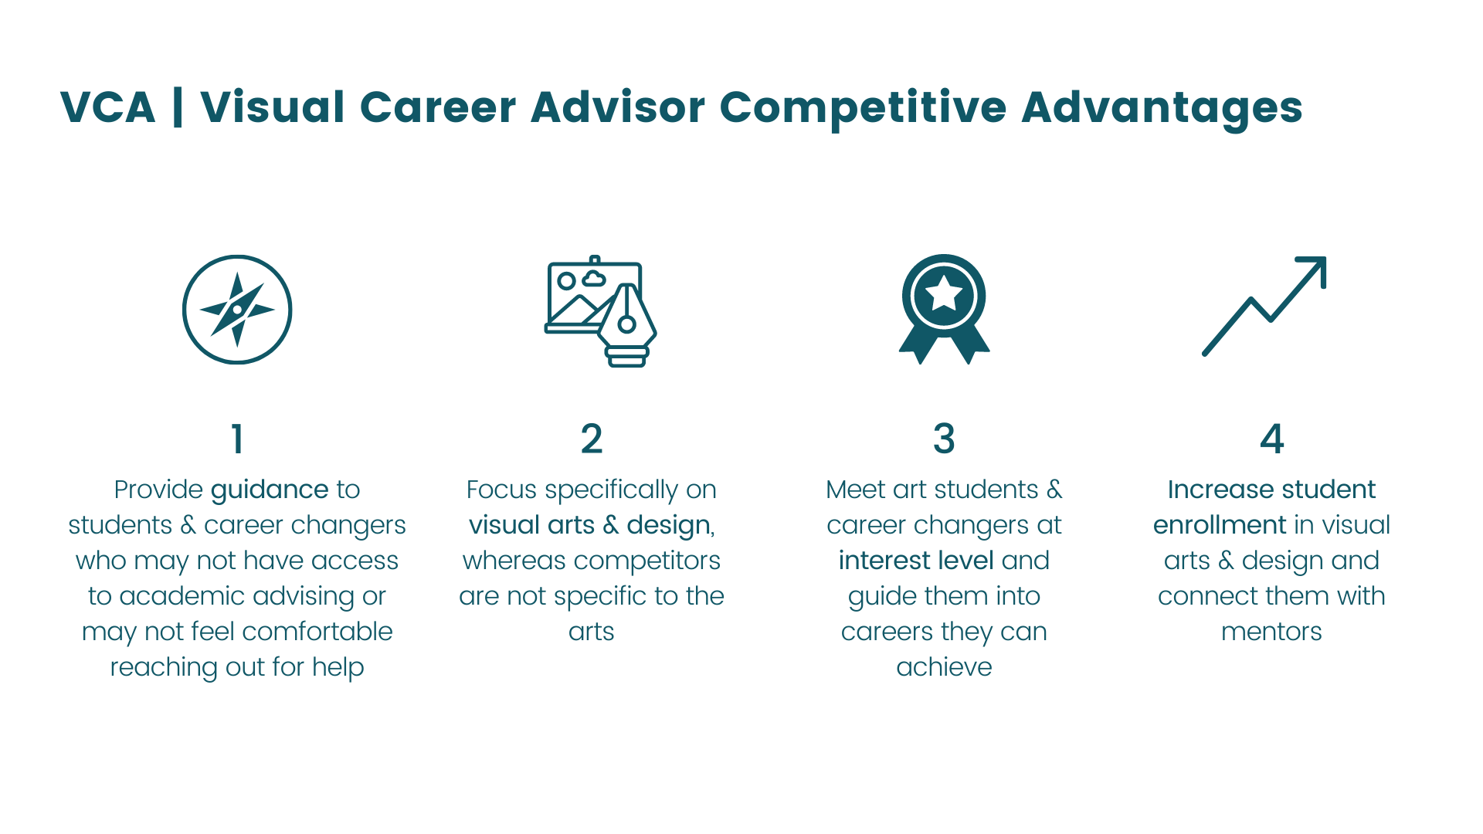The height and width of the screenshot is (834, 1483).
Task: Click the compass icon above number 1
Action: (x=237, y=310)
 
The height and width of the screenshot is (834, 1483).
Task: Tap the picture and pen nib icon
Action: (x=600, y=310)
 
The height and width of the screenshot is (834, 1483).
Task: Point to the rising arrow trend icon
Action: (x=1264, y=307)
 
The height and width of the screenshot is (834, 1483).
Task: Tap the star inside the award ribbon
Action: (x=944, y=294)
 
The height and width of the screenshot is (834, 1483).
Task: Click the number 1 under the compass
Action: (x=237, y=439)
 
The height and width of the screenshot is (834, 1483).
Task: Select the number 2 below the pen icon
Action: (x=592, y=439)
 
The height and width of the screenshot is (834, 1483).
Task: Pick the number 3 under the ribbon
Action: (x=944, y=439)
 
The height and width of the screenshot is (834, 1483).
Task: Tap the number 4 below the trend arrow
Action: (x=1271, y=439)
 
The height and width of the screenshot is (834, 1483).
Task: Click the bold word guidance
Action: (x=270, y=490)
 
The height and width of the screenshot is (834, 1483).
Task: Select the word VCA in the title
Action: (x=108, y=107)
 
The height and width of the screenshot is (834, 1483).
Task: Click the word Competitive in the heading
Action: (x=863, y=107)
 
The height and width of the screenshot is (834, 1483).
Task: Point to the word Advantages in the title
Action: (x=1162, y=107)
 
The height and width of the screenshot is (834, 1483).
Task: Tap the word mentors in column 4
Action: (x=1271, y=632)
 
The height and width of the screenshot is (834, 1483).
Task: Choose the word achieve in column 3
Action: (x=944, y=667)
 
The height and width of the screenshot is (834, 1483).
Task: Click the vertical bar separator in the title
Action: (x=178, y=107)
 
